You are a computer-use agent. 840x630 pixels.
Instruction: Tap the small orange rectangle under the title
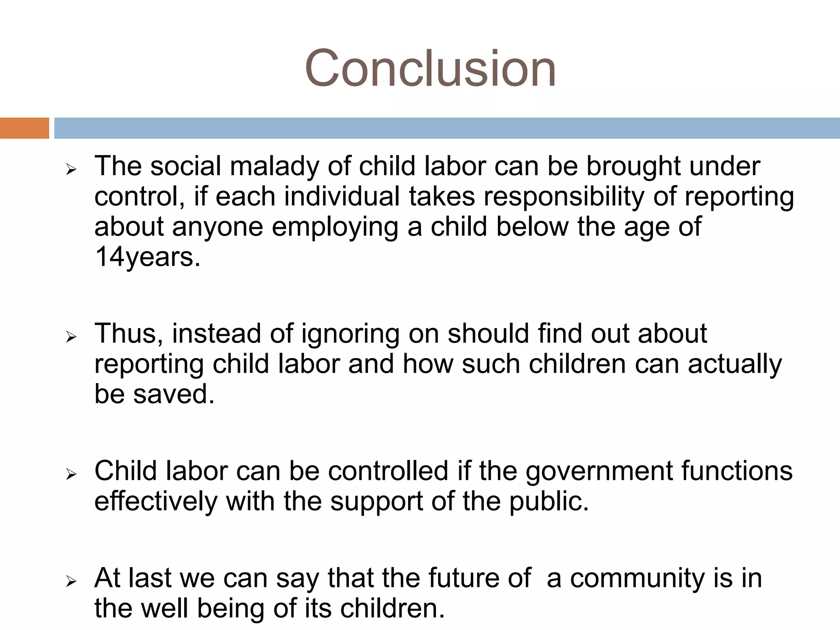point(24,128)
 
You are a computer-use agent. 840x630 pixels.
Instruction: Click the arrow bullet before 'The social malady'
point(71,169)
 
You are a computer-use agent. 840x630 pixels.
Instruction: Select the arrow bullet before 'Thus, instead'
point(71,337)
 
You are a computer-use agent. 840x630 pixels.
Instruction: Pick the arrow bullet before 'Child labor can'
point(71,475)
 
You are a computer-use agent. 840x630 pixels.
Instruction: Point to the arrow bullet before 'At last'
point(71,582)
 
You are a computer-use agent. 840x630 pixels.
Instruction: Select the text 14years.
point(148,257)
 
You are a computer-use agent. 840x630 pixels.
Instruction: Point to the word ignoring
point(351,334)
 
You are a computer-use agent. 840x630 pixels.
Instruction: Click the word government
point(599,471)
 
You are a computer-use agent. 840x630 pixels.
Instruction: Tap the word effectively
point(156,501)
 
